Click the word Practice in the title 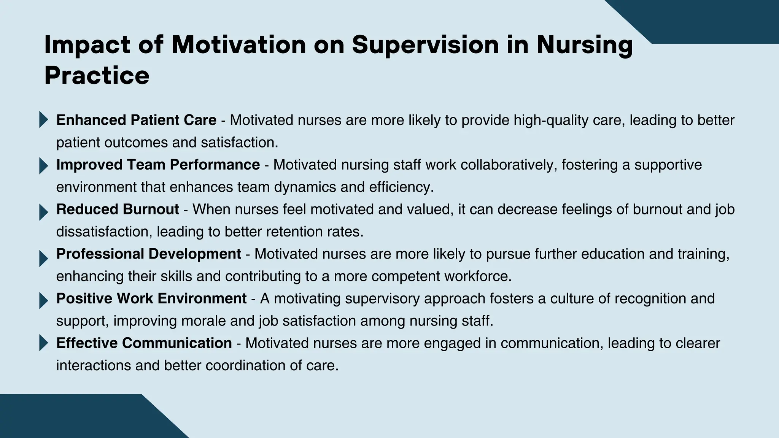pos(97,76)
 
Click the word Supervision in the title pos(425,45)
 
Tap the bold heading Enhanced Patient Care pos(136,120)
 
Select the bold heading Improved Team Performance pos(158,165)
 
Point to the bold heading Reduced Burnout pos(117,209)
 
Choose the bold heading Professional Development pos(148,254)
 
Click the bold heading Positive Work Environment pos(151,298)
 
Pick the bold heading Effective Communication pos(144,343)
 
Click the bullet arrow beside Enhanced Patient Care pos(43,120)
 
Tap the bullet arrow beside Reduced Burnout pos(43,213)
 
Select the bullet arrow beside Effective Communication pos(43,343)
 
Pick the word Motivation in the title pos(238,45)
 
